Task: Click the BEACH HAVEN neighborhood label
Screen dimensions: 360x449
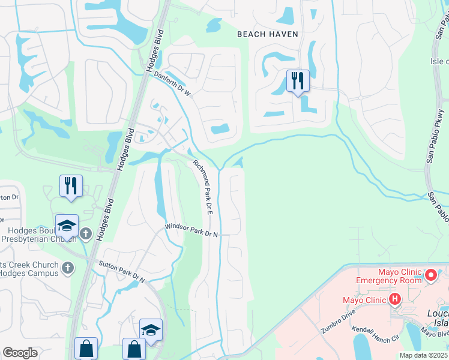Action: (x=267, y=34)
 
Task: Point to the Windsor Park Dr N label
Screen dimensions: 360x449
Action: (x=191, y=232)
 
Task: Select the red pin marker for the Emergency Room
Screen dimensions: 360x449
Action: (x=431, y=275)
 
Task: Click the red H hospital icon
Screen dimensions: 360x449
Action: (x=395, y=299)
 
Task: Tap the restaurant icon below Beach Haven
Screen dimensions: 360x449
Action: (x=298, y=80)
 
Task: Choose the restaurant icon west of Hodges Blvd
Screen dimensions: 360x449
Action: (x=71, y=185)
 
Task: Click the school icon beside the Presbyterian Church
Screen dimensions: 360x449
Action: (x=67, y=226)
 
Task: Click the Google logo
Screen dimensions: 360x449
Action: (x=20, y=353)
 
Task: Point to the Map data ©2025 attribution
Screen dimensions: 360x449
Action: (x=423, y=355)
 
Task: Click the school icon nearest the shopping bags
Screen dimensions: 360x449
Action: (x=151, y=330)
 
